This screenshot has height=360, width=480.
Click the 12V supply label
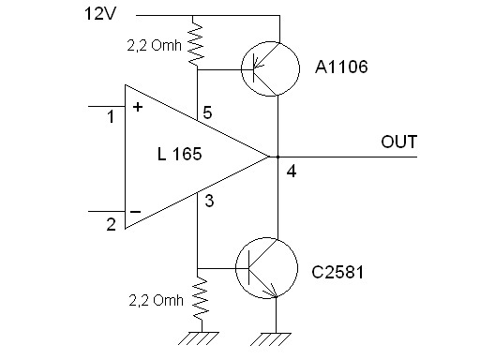[x=100, y=14]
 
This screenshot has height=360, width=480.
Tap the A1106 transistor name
[x=341, y=67]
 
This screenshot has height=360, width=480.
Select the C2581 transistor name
[x=337, y=272]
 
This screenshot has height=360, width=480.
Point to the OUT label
[x=399, y=142]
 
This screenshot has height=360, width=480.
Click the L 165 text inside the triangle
[x=180, y=154]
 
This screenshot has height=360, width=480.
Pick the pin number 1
[x=111, y=116]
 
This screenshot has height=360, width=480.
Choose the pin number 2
[x=111, y=224]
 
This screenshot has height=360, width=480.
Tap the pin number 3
[x=209, y=201]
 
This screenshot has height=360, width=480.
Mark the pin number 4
[x=292, y=172]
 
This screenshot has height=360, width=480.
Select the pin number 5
[x=207, y=112]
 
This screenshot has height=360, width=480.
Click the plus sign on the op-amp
[x=138, y=107]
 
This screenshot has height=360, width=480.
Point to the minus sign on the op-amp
[x=135, y=212]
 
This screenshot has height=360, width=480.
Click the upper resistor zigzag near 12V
[x=197, y=42]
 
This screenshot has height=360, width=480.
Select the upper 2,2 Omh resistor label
[x=154, y=46]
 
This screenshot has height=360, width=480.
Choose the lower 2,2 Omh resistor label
[x=156, y=300]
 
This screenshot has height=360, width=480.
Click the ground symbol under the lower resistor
[x=199, y=338]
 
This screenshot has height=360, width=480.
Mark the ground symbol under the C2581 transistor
[x=271, y=339]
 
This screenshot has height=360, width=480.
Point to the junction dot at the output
[x=277, y=157]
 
